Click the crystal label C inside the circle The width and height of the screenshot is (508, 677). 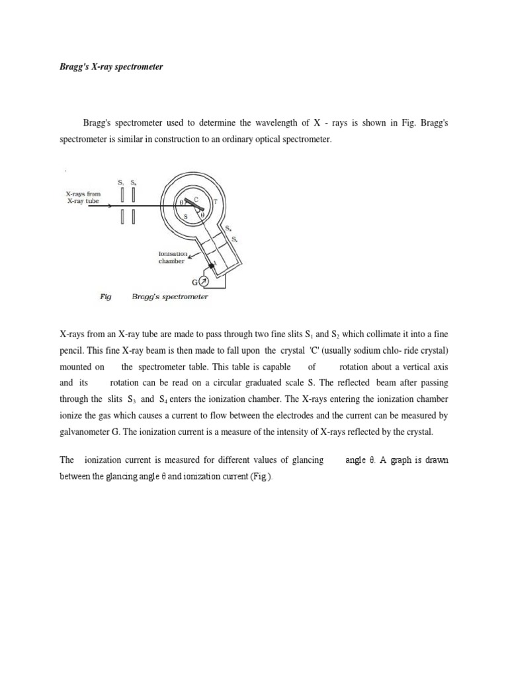(195, 198)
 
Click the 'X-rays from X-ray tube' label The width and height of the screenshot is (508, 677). (83, 196)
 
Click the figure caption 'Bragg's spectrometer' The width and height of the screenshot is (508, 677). (170, 297)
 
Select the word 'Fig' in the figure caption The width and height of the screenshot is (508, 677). (105, 297)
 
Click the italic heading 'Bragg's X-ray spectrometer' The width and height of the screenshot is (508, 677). (111, 67)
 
